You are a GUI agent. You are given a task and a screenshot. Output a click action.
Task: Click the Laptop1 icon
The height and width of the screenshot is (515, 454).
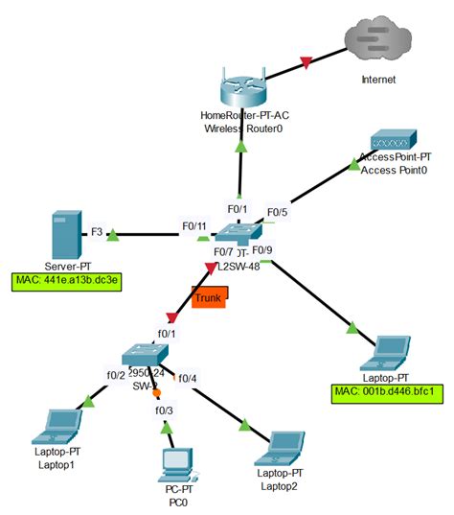click(x=55, y=423)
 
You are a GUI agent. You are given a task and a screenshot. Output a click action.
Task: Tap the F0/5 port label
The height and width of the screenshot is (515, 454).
click(x=277, y=212)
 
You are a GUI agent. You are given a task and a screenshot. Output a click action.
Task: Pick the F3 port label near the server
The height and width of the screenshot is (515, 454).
click(x=96, y=231)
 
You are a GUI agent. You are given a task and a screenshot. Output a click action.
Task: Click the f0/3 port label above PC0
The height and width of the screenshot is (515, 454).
click(x=165, y=410)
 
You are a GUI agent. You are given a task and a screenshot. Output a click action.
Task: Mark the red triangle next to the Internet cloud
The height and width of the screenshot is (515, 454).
click(x=306, y=63)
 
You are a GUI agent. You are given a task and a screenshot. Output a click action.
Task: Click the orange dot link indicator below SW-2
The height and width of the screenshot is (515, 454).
click(x=156, y=392)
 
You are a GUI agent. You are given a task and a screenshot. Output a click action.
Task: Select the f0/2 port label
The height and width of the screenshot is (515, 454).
click(x=116, y=375)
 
